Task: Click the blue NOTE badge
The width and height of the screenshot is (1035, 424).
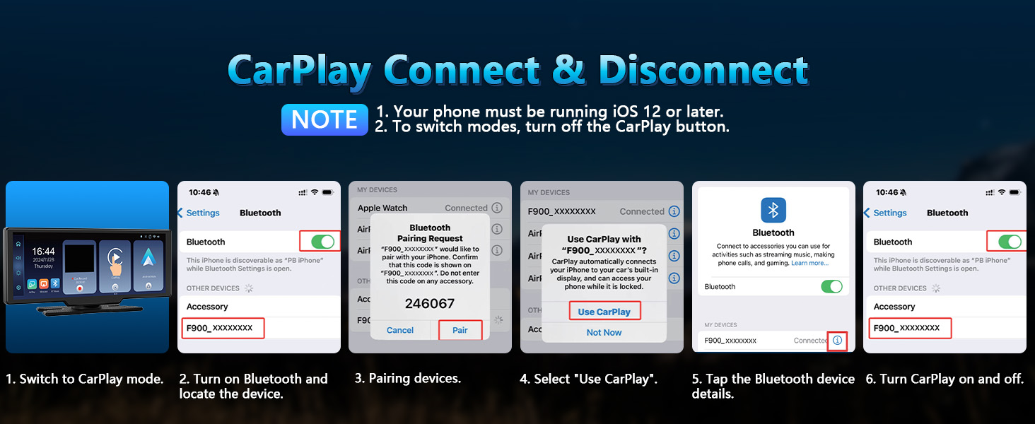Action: pyautogui.click(x=324, y=119)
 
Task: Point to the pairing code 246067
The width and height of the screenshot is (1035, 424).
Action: pyautogui.click(x=430, y=303)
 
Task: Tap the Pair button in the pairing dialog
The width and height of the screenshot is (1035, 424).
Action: pyautogui.click(x=460, y=330)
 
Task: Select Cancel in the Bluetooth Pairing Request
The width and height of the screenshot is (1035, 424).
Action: pyautogui.click(x=400, y=330)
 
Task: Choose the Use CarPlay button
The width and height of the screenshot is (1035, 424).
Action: pyautogui.click(x=604, y=312)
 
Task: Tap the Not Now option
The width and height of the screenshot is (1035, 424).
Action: pyautogui.click(x=604, y=332)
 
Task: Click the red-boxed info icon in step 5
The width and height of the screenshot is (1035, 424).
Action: pyautogui.click(x=837, y=341)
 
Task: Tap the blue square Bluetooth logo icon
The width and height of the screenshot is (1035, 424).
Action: pyautogui.click(x=773, y=210)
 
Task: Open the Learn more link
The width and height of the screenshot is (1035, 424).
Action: pyautogui.click(x=809, y=263)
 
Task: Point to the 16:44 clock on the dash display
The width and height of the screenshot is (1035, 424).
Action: pyautogui.click(x=43, y=252)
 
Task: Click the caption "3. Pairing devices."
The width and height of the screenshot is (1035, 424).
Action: pyautogui.click(x=408, y=379)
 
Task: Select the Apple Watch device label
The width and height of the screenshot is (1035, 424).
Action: pyautogui.click(x=382, y=208)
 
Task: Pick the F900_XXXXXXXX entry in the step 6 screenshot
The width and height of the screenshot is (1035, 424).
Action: pyautogui.click(x=907, y=328)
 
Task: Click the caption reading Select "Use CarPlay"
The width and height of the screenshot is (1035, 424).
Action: pyautogui.click(x=589, y=379)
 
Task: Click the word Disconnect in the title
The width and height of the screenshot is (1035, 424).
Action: pyautogui.click(x=703, y=71)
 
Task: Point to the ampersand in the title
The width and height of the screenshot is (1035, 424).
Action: pyautogui.click(x=571, y=71)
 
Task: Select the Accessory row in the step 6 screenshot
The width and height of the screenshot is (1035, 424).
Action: pyautogui.click(x=894, y=307)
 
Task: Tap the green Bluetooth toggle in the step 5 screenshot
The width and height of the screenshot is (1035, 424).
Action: pyautogui.click(x=831, y=287)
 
